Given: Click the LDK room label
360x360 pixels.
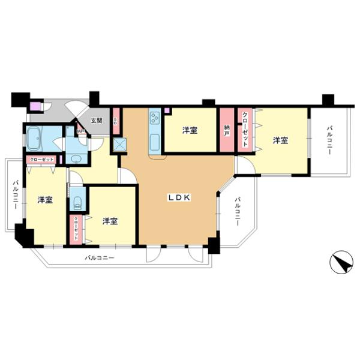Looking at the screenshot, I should (179, 197).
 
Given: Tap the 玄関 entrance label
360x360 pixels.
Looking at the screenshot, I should (96, 120).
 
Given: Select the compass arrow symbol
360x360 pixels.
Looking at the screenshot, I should (339, 262).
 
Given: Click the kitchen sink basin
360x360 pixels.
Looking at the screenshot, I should (154, 142).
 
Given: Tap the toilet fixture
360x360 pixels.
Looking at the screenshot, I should (76, 202).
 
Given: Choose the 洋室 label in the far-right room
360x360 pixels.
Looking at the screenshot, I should (280, 140).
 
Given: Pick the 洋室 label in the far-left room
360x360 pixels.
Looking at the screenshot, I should (44, 200).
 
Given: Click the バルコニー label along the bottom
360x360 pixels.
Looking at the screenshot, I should (99, 258).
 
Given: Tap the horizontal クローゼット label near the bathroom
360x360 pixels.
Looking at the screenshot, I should (40, 160).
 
